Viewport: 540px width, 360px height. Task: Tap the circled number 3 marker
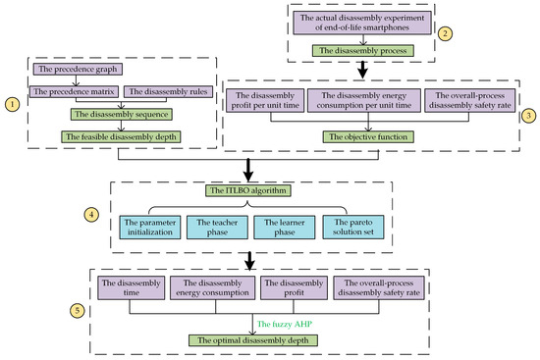point(528,115)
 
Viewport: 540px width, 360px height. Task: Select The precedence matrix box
point(74,91)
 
